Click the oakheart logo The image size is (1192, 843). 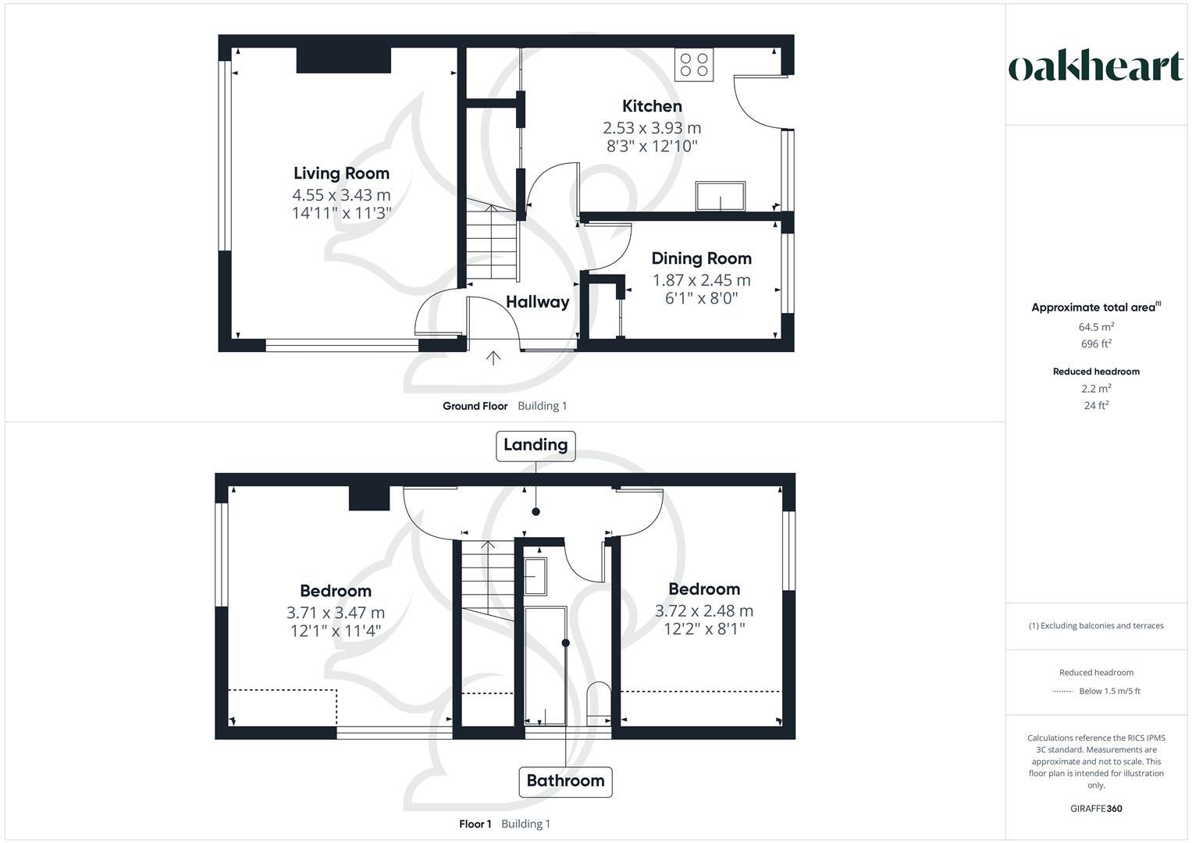[x=1096, y=67]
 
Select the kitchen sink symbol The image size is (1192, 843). [x=721, y=196]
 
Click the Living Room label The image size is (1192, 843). [x=341, y=173]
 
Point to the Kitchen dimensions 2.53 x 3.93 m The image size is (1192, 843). [x=652, y=127]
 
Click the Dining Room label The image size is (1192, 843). [x=701, y=258]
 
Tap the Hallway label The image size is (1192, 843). [x=537, y=302]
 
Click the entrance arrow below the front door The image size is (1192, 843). [x=493, y=358]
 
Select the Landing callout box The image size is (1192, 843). [x=536, y=445]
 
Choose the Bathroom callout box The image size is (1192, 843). [x=565, y=781]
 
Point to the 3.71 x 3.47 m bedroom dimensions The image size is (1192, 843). [x=336, y=613]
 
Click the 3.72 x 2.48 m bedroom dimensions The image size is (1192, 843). [x=703, y=611]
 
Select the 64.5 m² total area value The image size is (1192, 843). [x=1096, y=327]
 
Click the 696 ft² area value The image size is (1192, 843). [x=1096, y=344]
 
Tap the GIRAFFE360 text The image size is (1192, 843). [x=1096, y=809]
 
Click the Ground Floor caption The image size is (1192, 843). [x=475, y=406]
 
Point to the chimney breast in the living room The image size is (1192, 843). [x=343, y=61]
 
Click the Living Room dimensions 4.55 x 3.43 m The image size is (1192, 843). [x=341, y=195]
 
